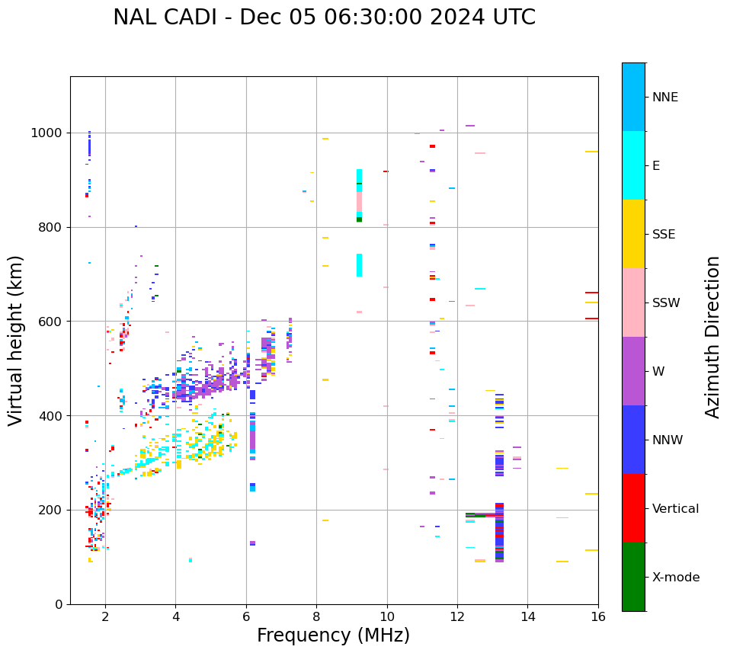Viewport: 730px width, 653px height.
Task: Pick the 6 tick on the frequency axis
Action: [x=246, y=616]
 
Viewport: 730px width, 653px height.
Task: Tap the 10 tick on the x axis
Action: [x=387, y=616]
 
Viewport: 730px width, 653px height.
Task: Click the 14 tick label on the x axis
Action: [x=528, y=616]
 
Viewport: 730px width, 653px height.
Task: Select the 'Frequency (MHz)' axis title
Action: [x=333, y=635]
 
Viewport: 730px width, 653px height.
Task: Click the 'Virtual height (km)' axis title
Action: [x=17, y=341]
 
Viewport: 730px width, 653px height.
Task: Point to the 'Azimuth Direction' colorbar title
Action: [x=712, y=337]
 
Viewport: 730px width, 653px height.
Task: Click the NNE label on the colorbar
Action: [x=664, y=98]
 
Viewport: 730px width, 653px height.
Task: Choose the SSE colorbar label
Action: [x=664, y=235]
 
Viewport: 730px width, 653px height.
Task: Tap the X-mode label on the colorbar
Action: [x=676, y=578]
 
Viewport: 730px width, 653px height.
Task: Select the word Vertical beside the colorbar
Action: [x=675, y=509]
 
